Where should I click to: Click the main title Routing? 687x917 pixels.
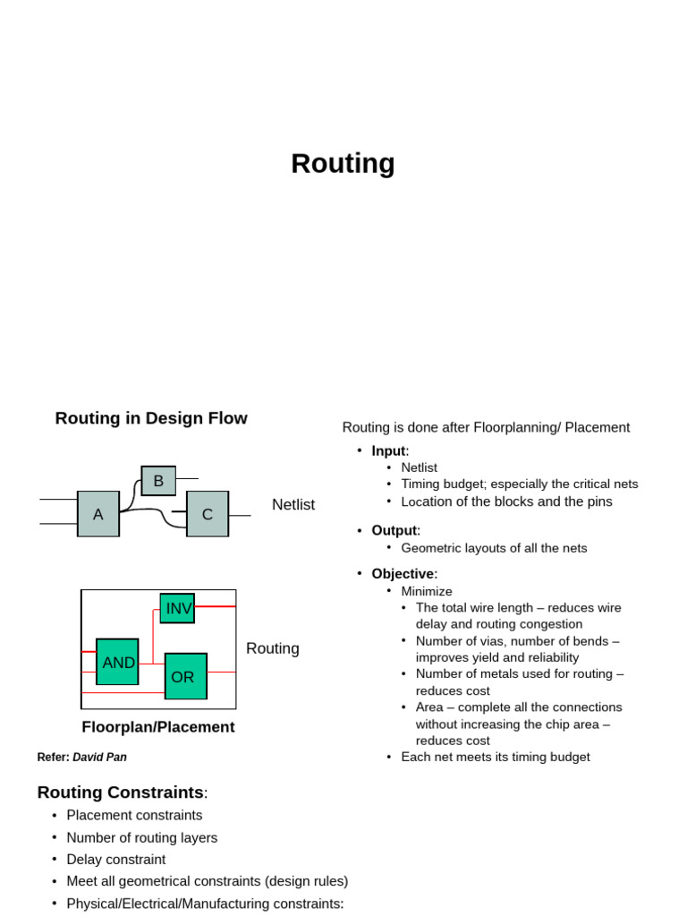click(343, 164)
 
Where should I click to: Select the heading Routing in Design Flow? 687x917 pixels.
click(151, 418)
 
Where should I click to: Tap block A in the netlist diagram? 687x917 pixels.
click(98, 514)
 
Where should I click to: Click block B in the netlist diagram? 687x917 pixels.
click(158, 481)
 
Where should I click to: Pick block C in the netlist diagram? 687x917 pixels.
click(208, 514)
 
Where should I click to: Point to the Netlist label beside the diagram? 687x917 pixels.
click(293, 505)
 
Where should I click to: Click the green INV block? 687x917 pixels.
click(178, 608)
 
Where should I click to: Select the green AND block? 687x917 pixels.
click(117, 662)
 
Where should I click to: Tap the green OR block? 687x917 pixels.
click(186, 677)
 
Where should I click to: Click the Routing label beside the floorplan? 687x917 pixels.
click(273, 648)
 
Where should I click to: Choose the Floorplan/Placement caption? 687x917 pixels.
click(158, 727)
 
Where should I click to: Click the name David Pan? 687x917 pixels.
click(99, 758)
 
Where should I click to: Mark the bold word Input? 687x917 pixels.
click(388, 451)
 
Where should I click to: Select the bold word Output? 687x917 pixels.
click(394, 531)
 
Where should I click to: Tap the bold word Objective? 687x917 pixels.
click(403, 574)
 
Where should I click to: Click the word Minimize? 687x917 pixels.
click(427, 591)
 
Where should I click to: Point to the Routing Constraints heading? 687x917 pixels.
click(121, 793)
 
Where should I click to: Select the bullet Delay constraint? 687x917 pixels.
click(116, 860)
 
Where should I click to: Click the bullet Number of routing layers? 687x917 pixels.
click(142, 838)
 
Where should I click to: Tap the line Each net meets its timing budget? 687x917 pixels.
click(496, 758)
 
